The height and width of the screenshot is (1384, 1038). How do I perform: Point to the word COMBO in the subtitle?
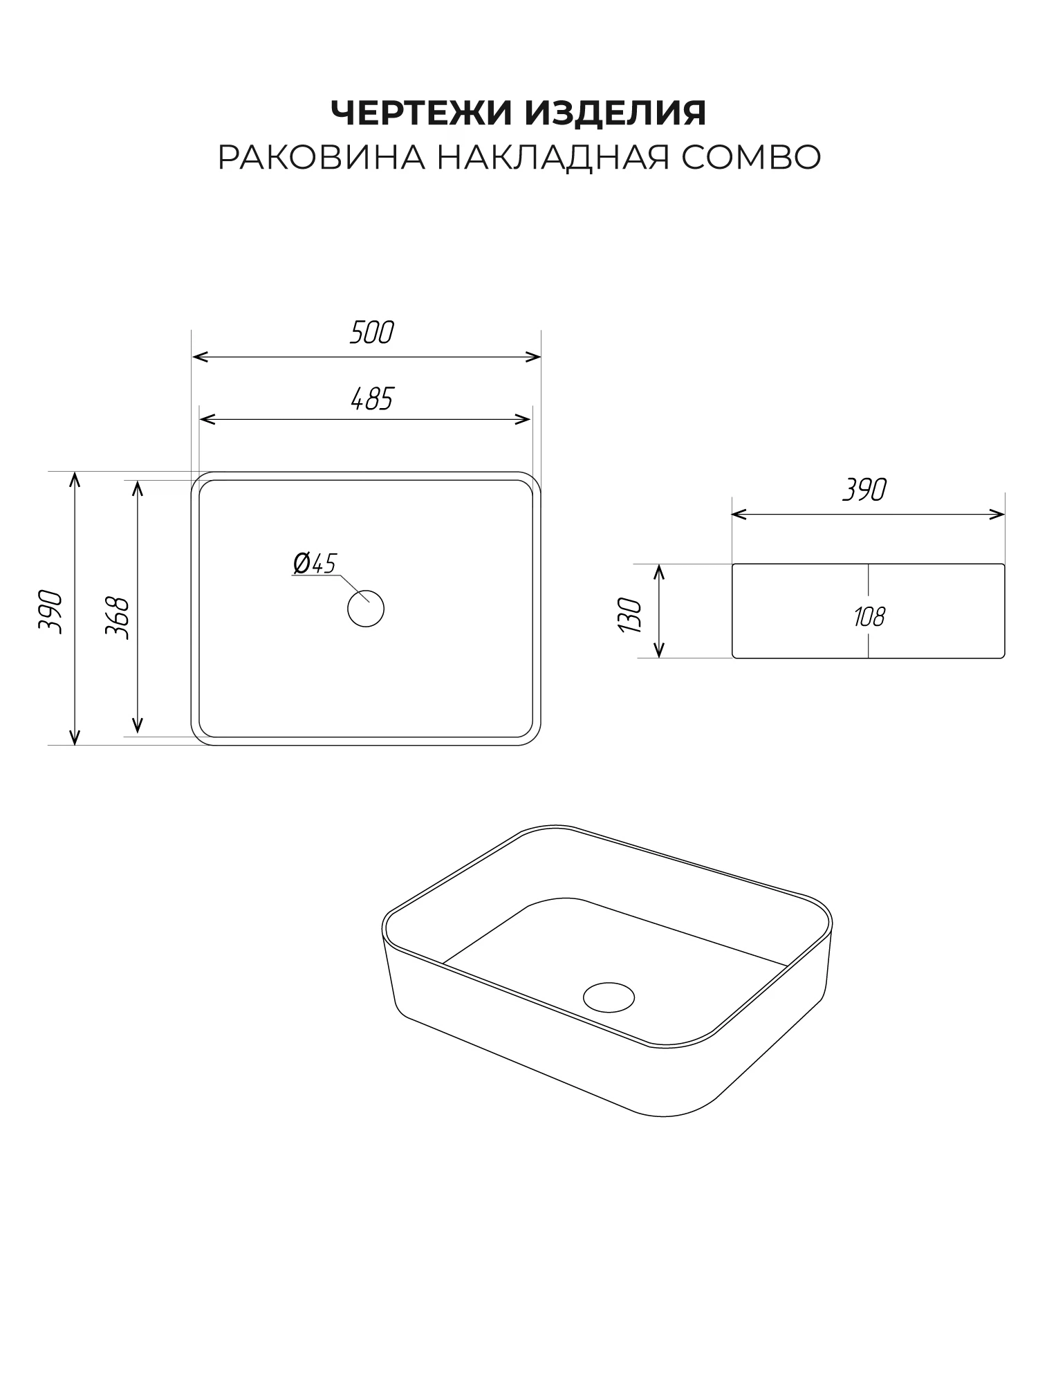(x=752, y=158)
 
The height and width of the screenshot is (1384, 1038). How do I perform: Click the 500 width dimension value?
(x=371, y=333)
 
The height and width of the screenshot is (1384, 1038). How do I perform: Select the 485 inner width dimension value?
(x=372, y=399)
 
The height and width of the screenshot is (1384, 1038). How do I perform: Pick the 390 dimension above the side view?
(x=864, y=490)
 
